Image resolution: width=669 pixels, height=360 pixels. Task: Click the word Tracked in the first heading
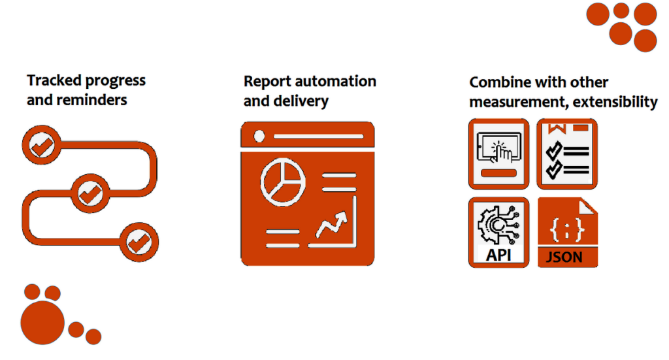click(54, 80)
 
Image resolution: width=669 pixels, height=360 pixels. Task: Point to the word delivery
click(301, 101)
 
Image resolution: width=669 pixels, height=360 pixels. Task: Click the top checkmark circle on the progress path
click(41, 145)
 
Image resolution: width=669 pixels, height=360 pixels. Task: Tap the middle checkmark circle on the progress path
click(90, 193)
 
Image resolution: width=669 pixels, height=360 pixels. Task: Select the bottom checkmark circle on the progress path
click(139, 242)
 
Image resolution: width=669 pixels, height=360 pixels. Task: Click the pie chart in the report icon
click(282, 182)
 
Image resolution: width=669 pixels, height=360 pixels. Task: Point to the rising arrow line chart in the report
click(332, 225)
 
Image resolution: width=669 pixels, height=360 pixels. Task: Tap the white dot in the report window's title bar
click(259, 136)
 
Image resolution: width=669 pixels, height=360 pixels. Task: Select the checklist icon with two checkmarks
click(567, 154)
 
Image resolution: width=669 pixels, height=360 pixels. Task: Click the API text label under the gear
click(498, 255)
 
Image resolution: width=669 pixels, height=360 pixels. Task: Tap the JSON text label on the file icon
click(564, 257)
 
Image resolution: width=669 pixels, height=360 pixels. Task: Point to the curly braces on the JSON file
click(566, 229)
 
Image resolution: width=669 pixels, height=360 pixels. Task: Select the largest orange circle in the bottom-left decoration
click(42, 323)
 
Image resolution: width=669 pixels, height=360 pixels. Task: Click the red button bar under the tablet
click(498, 172)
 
